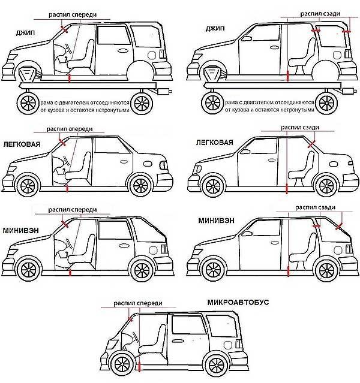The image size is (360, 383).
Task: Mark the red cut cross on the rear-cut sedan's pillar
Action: (x=310, y=144)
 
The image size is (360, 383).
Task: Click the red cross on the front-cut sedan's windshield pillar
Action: (x=63, y=141)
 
